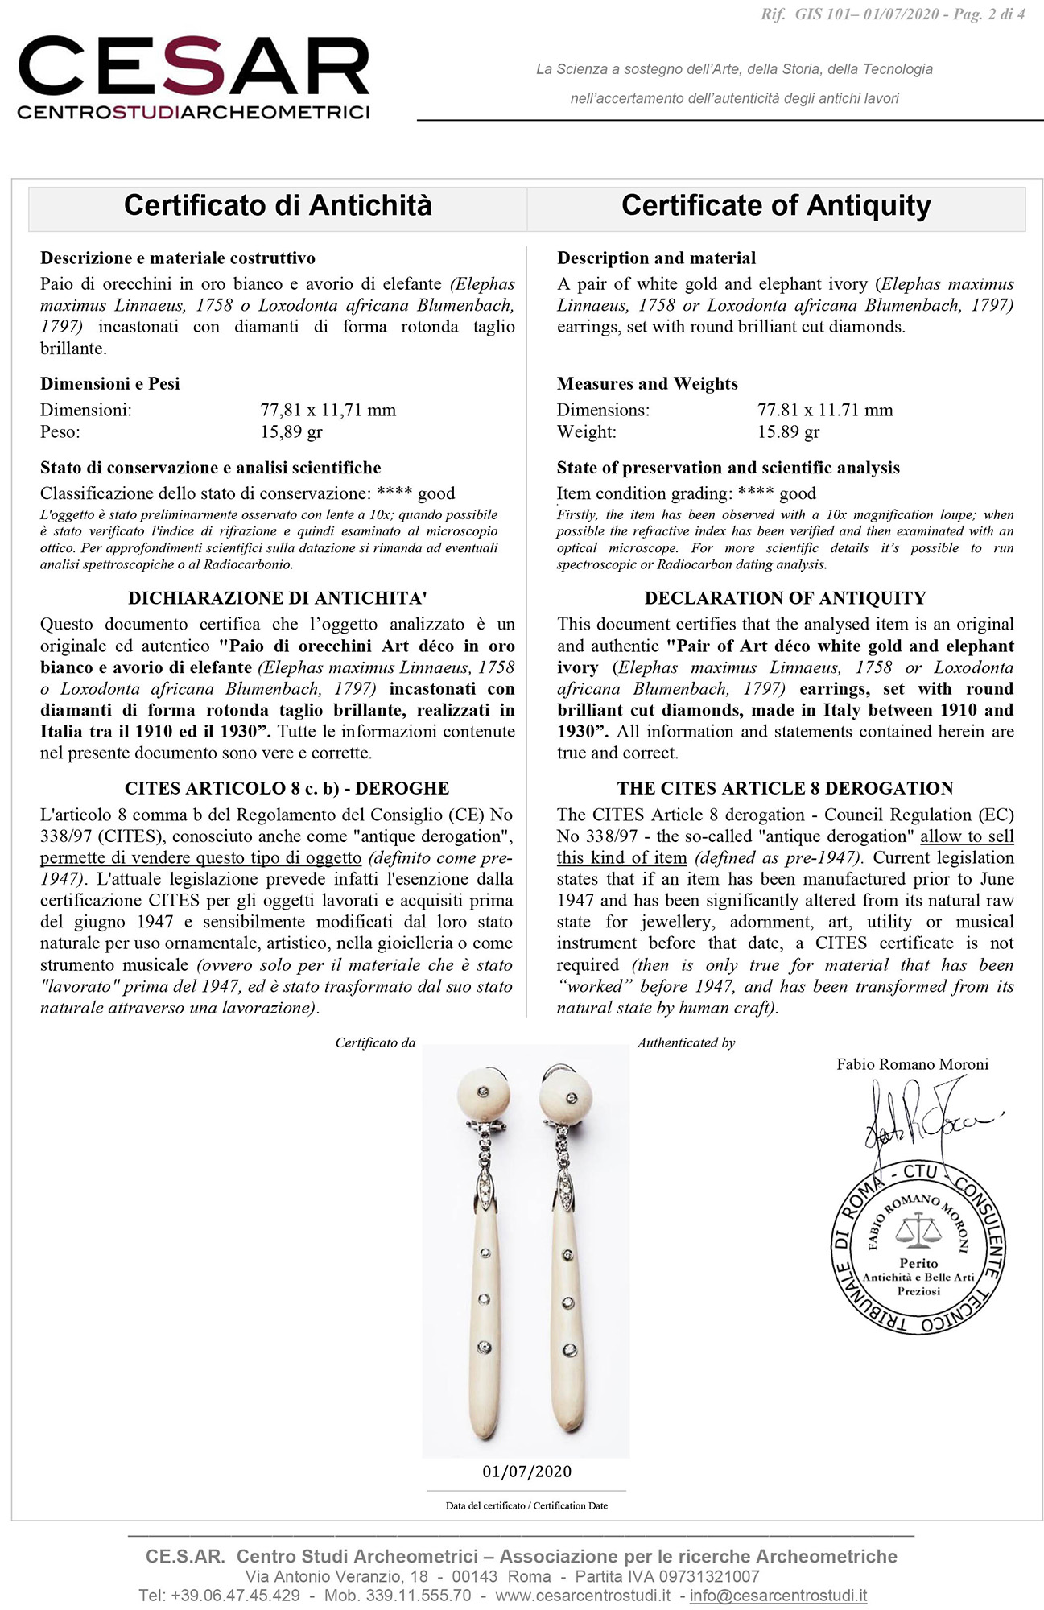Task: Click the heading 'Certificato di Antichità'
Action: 278,205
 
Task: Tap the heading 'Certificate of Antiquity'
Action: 776,205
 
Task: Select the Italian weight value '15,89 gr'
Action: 291,432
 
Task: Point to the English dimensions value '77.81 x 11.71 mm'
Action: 825,411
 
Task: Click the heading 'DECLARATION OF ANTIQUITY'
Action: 785,598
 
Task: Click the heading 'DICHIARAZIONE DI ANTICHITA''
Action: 278,598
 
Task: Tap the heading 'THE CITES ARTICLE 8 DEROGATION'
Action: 785,789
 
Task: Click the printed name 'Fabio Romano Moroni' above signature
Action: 912,1064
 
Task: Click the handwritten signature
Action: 918,1119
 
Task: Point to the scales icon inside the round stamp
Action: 918,1229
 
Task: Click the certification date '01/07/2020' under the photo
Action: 526,1472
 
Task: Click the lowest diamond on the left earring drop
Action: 484,1347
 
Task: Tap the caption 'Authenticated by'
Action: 686,1043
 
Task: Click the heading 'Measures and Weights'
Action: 647,384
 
